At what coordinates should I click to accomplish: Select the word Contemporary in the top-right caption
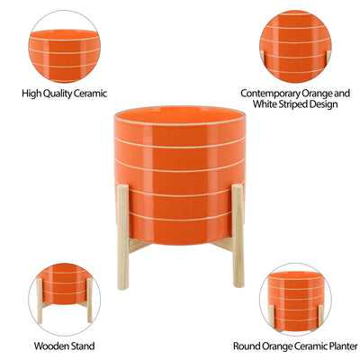coord(274,92)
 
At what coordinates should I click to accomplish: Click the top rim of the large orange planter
coord(181,114)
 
